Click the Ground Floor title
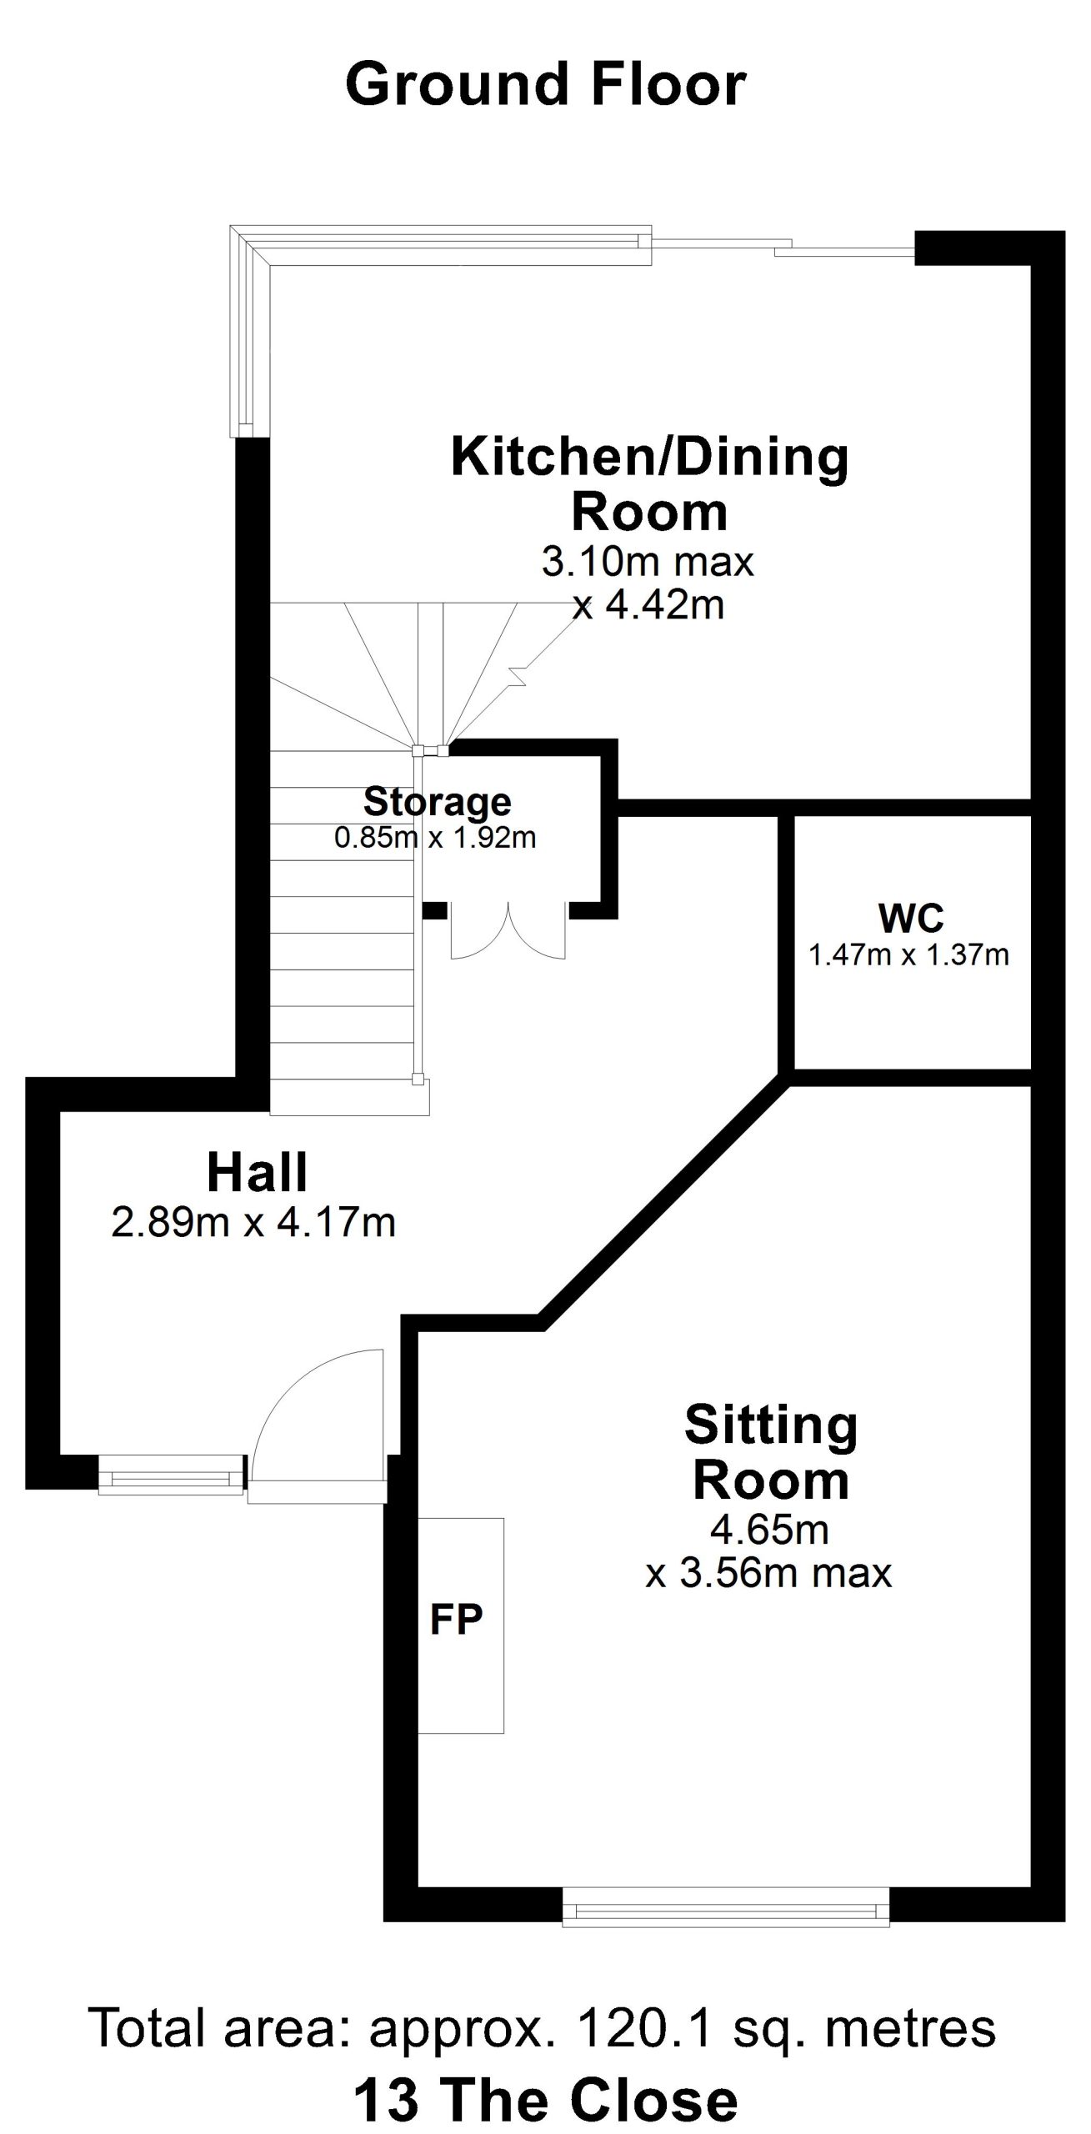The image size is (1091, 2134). pyautogui.click(x=546, y=84)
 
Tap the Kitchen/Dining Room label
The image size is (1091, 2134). pyautogui.click(x=649, y=483)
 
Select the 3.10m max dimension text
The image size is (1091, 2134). pyautogui.click(x=648, y=562)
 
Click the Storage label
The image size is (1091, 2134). pyautogui.click(x=438, y=801)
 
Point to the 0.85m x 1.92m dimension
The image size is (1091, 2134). pyautogui.click(x=435, y=837)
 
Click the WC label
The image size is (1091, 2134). pyautogui.click(x=911, y=918)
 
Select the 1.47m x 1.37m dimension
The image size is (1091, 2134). pyautogui.click(x=909, y=954)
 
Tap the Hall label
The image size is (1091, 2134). pyautogui.click(x=258, y=1171)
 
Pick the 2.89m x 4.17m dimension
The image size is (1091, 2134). pyautogui.click(x=253, y=1223)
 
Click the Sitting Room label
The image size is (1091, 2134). pyautogui.click(x=771, y=1452)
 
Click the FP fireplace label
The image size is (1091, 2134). pyautogui.click(x=456, y=1619)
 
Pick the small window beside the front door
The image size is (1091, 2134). pyautogui.click(x=171, y=1473)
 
